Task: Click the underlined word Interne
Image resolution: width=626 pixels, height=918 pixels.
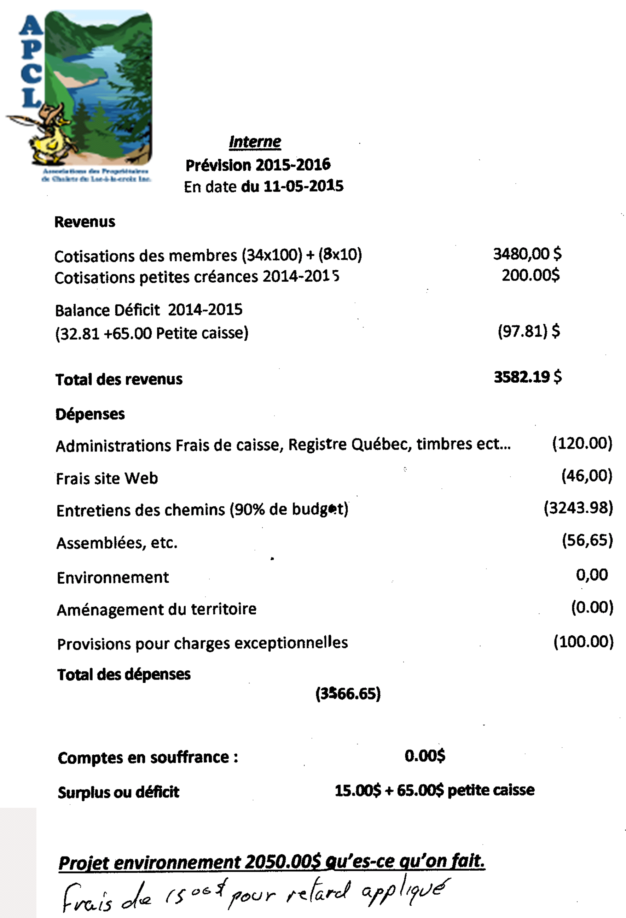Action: (255, 142)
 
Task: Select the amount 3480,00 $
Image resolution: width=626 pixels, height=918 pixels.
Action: (527, 254)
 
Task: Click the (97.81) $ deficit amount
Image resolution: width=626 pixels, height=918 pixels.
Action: (529, 331)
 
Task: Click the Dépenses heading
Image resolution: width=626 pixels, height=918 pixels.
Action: (90, 414)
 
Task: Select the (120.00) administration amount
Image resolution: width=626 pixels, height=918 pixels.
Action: (582, 443)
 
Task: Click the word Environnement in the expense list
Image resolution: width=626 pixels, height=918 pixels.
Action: (113, 577)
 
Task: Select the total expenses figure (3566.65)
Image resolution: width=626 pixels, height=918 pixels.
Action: (348, 694)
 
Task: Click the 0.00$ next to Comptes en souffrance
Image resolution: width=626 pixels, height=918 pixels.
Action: (425, 756)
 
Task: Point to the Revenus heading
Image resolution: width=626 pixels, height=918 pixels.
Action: (85, 222)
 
